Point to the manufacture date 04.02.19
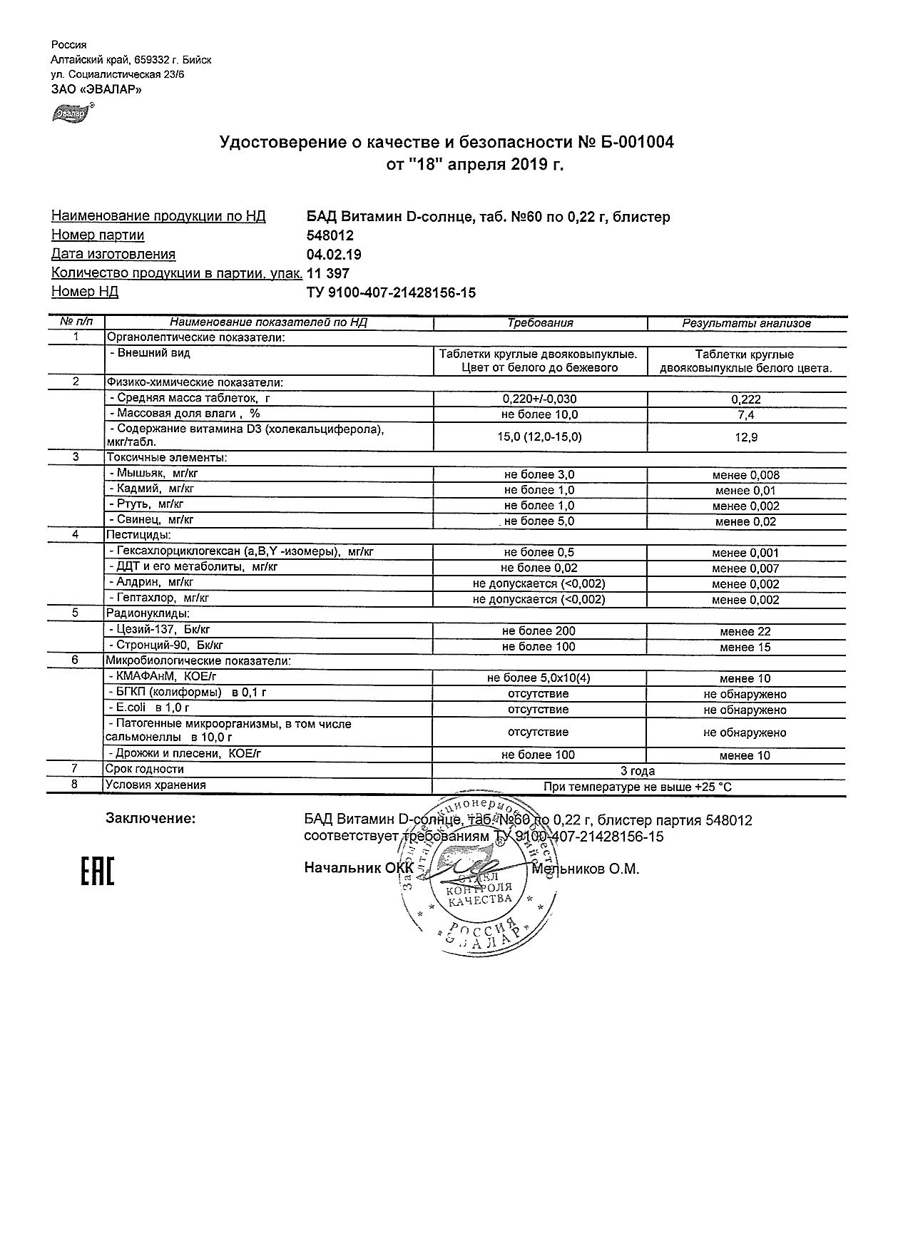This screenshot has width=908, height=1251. (x=334, y=255)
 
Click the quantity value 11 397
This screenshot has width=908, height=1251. (x=327, y=273)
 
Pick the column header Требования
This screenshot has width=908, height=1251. (x=540, y=323)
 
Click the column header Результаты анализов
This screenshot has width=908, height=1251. (x=746, y=323)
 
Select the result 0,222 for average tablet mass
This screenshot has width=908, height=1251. (x=746, y=400)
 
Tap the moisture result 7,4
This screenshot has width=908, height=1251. (x=746, y=415)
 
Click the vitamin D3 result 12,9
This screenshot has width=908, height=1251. (x=746, y=437)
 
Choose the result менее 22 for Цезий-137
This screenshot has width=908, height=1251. (x=745, y=632)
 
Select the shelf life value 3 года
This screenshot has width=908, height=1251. (x=638, y=771)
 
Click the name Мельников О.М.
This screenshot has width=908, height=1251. (x=586, y=869)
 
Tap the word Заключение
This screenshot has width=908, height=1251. (x=151, y=819)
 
